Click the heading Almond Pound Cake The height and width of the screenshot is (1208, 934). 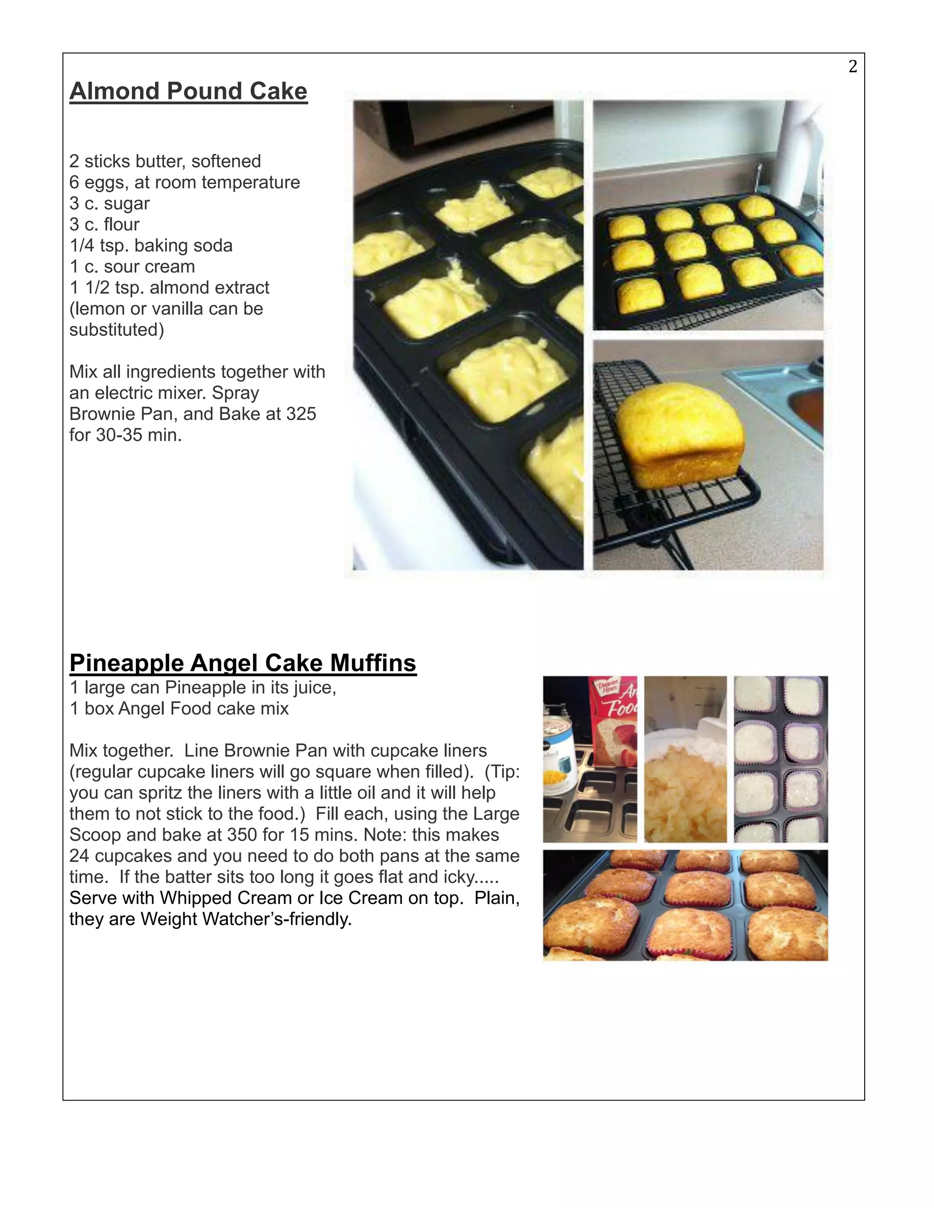(x=188, y=91)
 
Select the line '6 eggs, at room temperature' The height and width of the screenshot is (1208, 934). (x=184, y=182)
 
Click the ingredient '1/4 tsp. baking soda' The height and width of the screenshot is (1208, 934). (x=150, y=245)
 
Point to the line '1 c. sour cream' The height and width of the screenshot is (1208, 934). (x=132, y=266)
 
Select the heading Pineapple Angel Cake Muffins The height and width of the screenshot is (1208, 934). (x=242, y=663)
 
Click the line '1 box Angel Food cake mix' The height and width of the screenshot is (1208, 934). (x=179, y=708)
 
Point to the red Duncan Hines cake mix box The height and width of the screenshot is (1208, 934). (x=614, y=719)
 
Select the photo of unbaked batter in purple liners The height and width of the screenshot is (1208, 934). (x=780, y=759)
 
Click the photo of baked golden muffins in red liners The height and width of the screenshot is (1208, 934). (x=685, y=905)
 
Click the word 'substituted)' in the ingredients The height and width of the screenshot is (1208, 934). (x=116, y=330)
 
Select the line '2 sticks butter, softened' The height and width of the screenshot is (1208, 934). (x=165, y=161)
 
